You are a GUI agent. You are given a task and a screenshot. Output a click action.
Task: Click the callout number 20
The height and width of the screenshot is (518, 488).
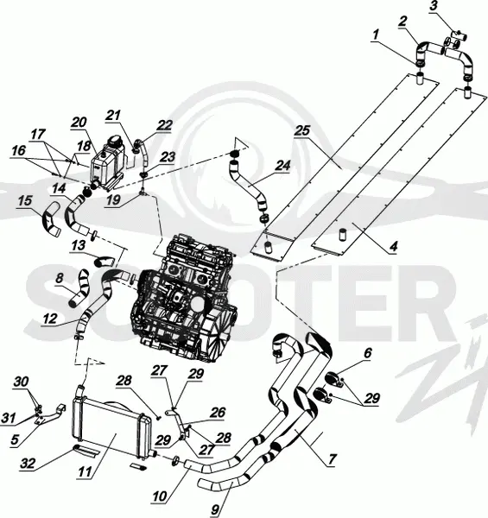tap(79, 123)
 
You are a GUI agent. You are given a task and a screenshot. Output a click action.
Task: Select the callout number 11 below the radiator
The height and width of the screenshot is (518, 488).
tap(85, 471)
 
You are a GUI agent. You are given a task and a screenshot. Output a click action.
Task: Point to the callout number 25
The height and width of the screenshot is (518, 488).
tap(302, 130)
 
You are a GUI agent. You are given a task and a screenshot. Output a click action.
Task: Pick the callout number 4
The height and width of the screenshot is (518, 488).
tap(394, 246)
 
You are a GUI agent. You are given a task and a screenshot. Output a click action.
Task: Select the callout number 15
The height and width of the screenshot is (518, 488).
tap(25, 201)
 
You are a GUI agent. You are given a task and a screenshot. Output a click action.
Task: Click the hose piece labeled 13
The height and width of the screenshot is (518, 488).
tap(105, 262)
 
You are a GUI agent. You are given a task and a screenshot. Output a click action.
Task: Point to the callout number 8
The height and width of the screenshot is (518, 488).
tap(60, 278)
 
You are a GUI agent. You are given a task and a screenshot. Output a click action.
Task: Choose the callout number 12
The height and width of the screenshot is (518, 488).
tap(50, 319)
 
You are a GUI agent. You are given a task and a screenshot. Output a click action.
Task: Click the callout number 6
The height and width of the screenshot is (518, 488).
tap(368, 353)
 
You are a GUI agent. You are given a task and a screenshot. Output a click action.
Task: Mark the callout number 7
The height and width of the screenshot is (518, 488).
tap(332, 458)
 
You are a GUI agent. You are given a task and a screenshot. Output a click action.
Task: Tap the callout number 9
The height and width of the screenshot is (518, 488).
tap(215, 510)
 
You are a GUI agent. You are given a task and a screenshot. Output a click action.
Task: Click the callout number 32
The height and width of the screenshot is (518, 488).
tap(28, 463)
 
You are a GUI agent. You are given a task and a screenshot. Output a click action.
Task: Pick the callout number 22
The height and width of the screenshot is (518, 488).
tap(165, 125)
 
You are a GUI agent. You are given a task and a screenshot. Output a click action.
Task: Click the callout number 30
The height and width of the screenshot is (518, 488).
tap(21, 382)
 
